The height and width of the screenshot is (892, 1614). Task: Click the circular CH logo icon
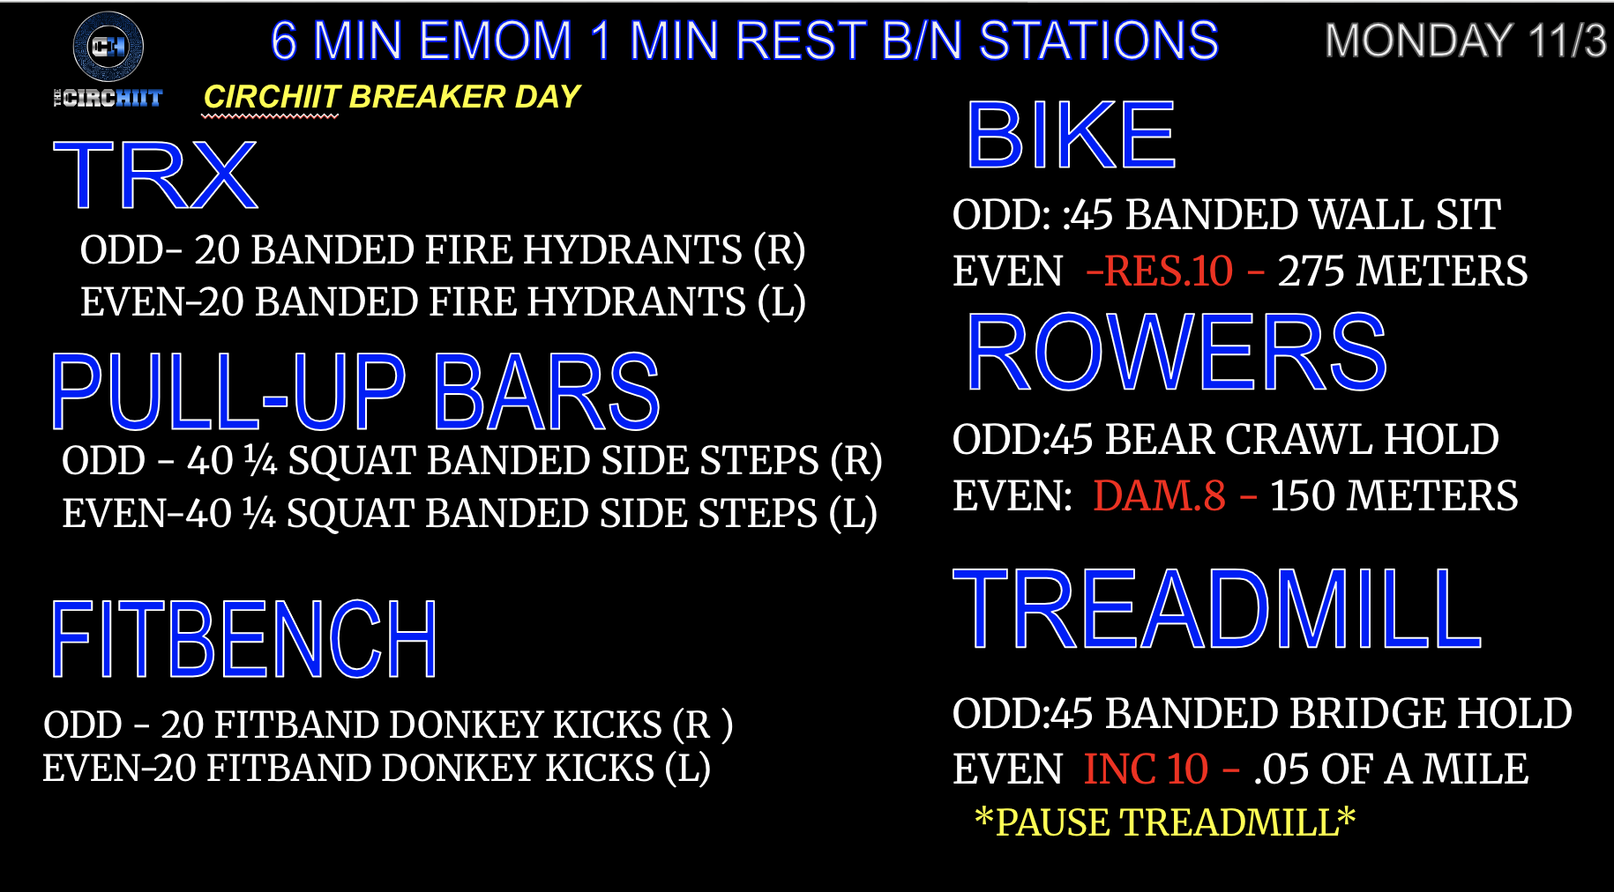pyautogui.click(x=108, y=46)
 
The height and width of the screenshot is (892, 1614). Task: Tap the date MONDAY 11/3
pyautogui.click(x=1466, y=41)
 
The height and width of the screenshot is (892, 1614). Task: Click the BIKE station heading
pyautogui.click(x=1072, y=135)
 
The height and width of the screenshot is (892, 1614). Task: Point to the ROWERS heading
pyautogui.click(x=1177, y=353)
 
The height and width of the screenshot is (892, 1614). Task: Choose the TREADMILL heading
pyautogui.click(x=1217, y=609)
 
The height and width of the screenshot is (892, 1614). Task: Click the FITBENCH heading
pyautogui.click(x=243, y=639)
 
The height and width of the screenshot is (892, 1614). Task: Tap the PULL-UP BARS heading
pyautogui.click(x=355, y=391)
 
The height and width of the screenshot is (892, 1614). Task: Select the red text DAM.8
pyautogui.click(x=1160, y=495)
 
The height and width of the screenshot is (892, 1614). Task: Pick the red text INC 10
pyautogui.click(x=1146, y=769)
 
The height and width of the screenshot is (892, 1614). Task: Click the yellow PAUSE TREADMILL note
pyautogui.click(x=1164, y=822)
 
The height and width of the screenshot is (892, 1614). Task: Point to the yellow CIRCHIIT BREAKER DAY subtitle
pyautogui.click(x=392, y=97)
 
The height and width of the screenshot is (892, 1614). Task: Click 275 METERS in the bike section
pyautogui.click(x=1403, y=271)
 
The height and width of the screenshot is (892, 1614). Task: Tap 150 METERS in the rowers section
pyautogui.click(x=1394, y=495)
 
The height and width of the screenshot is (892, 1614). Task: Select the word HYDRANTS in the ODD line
pyautogui.click(x=629, y=249)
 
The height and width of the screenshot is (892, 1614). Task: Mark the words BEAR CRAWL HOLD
pyautogui.click(x=1302, y=439)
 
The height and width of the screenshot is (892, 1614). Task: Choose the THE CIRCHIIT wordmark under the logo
pyautogui.click(x=108, y=98)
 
